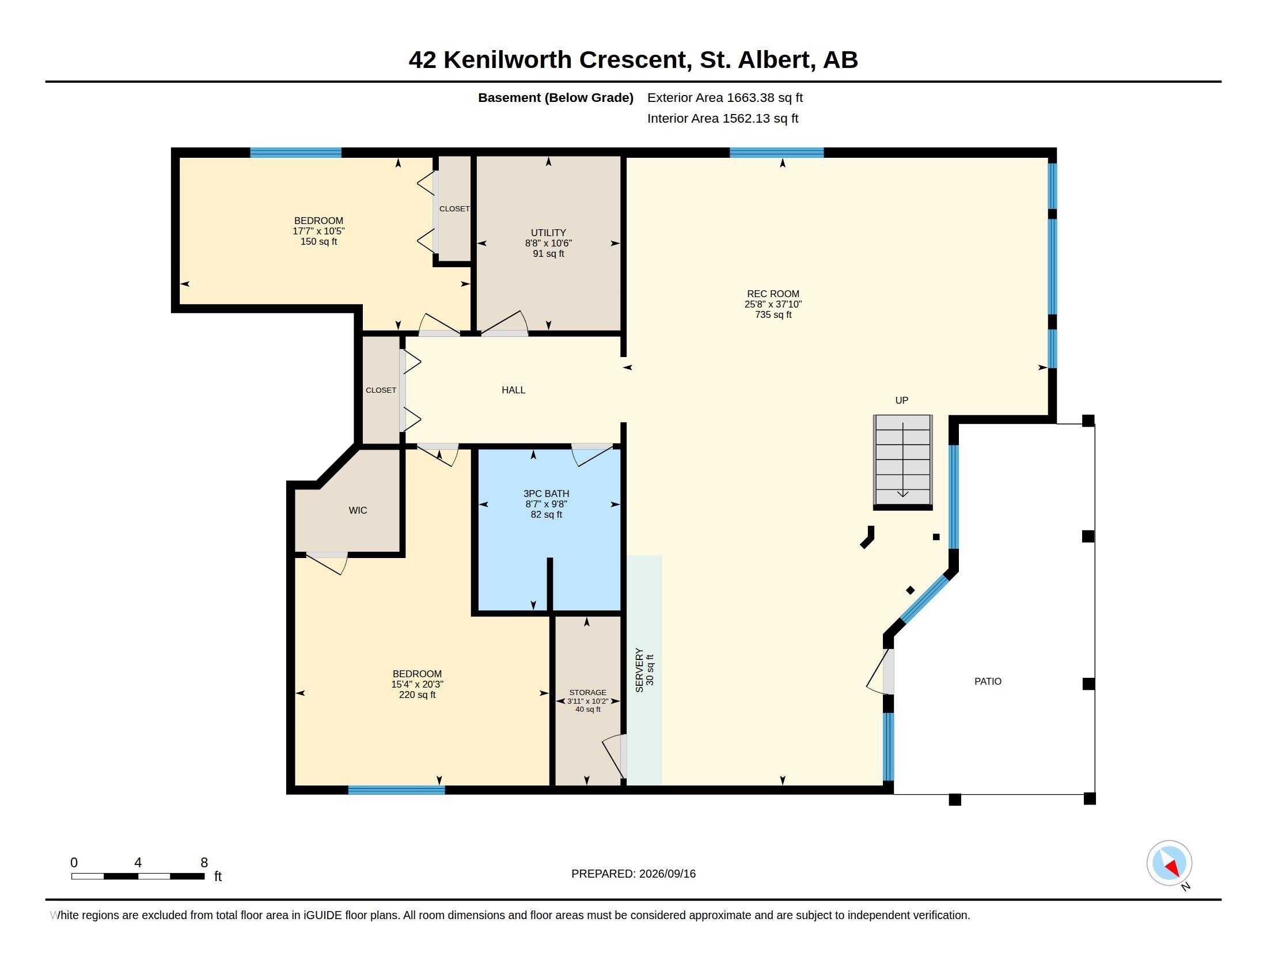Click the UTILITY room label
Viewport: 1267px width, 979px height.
548,233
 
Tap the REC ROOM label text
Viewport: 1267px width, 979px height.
773,294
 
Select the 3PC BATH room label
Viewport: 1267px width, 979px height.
546,494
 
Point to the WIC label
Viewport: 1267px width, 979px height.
358,510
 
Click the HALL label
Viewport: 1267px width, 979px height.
513,390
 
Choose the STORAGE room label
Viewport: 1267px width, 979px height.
587,692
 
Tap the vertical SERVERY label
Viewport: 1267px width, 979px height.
639,670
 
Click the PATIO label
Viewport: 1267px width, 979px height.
987,681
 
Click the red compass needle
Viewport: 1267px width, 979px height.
1173,868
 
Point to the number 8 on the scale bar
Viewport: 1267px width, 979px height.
204,863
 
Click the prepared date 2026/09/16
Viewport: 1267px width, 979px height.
667,874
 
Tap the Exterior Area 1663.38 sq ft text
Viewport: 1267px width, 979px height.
724,97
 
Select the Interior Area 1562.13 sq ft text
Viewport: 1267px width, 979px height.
722,118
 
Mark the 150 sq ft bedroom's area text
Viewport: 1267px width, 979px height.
318,242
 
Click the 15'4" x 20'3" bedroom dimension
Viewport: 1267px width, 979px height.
417,684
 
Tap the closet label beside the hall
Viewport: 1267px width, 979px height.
381,390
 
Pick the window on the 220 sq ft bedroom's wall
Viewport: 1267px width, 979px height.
396,790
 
